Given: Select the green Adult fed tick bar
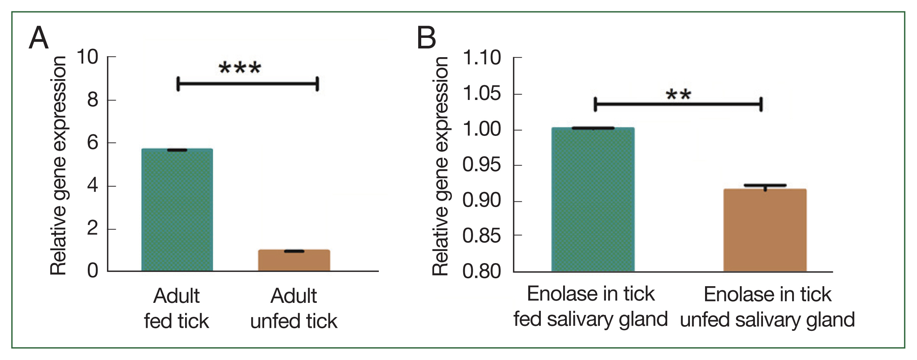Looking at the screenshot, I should click(x=177, y=210).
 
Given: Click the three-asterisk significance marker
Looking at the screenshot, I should click(x=240, y=69).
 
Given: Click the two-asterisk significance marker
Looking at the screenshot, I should click(x=678, y=94).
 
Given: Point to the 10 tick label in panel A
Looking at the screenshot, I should click(x=87, y=57).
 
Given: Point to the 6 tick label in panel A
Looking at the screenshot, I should click(x=92, y=143).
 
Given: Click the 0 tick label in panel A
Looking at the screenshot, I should click(x=92, y=271).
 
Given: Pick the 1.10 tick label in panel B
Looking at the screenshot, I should click(x=481, y=58).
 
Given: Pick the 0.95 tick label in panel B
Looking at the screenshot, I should click(x=481, y=165).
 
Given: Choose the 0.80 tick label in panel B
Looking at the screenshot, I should click(x=481, y=271).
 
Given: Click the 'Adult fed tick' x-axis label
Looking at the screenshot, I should click(x=176, y=308).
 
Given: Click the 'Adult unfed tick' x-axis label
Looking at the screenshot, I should click(x=294, y=308).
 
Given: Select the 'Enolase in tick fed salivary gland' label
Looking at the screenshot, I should click(x=590, y=306).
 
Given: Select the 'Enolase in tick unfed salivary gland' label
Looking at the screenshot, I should click(x=767, y=307).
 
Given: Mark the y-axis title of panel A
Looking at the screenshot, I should click(x=59, y=165).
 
